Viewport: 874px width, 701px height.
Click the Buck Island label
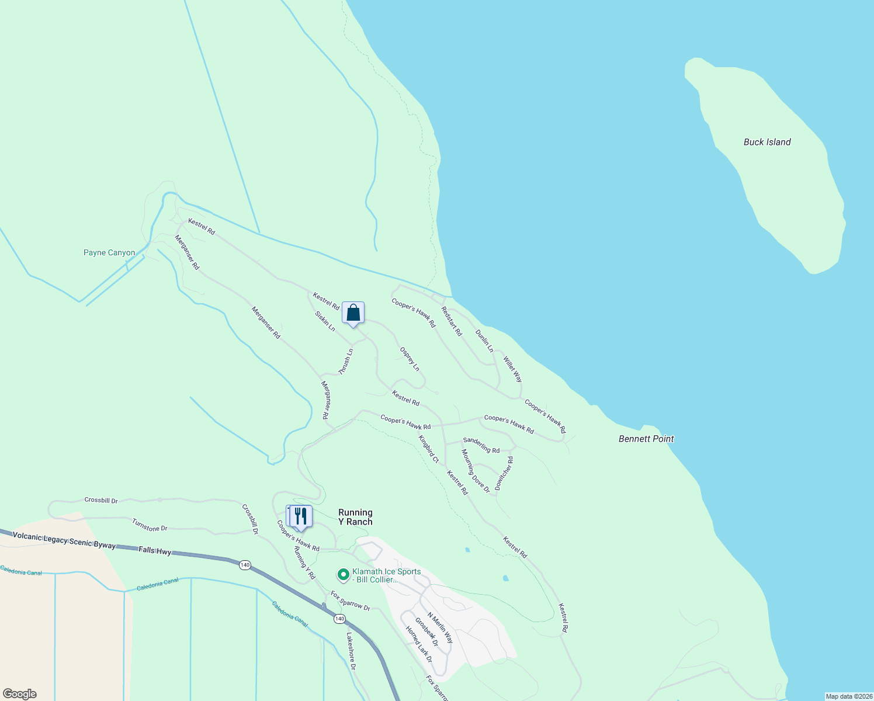767,142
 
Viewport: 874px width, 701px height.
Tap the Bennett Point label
646,439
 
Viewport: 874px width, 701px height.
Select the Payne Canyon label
109,253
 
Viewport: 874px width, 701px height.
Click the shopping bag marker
353,313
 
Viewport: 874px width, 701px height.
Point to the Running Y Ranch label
355,517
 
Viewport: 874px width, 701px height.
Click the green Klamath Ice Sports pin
344,575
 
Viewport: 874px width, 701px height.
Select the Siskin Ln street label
325,321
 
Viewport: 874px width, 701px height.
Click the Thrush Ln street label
346,362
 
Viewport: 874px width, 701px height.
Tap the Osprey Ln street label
410,359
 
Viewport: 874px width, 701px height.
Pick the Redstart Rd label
452,321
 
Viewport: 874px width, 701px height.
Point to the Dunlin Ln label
484,341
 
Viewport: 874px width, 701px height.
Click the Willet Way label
513,370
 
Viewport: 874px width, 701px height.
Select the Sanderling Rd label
481,445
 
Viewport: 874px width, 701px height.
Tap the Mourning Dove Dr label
476,471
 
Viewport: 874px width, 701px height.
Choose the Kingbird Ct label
428,449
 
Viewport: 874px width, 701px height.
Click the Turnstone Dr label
150,525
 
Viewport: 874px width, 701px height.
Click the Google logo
20,694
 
